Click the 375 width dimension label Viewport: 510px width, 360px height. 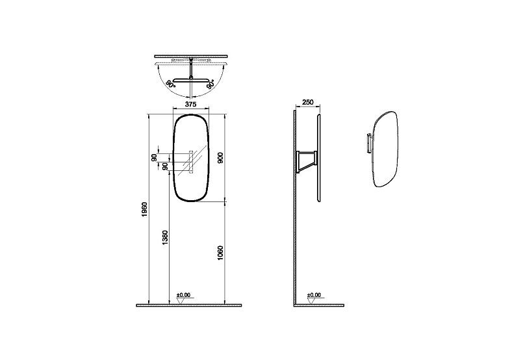(191, 104)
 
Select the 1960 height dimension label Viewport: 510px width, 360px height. (145, 209)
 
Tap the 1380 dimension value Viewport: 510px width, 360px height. (165, 238)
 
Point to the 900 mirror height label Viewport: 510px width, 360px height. (220, 158)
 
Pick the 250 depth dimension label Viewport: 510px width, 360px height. (308, 102)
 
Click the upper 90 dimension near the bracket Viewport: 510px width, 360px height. (154, 157)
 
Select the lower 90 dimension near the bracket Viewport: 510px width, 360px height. (165, 166)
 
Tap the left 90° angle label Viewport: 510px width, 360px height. (170, 84)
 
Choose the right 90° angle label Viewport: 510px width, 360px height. (210, 84)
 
